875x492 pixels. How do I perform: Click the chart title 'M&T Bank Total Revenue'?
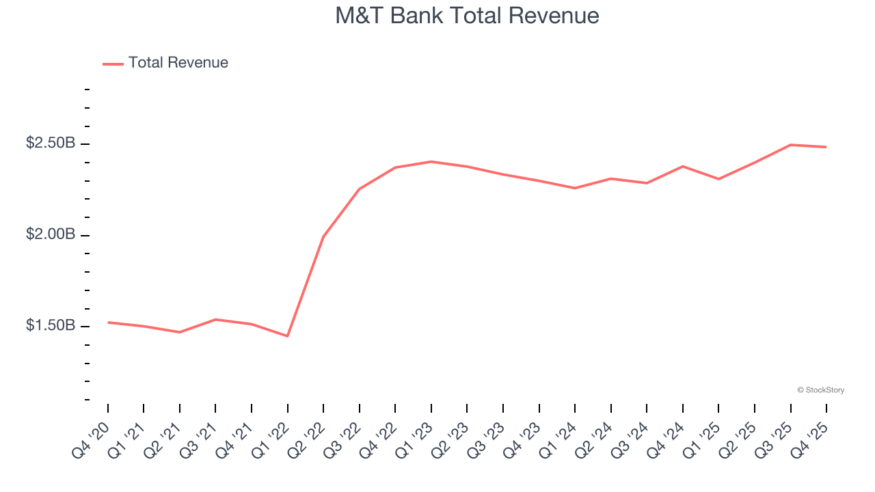(x=467, y=16)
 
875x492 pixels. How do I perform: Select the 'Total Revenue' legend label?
(x=178, y=63)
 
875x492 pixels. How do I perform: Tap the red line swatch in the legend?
(x=113, y=64)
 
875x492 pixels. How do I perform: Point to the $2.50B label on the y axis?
(x=51, y=143)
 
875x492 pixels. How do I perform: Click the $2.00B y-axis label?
(x=51, y=234)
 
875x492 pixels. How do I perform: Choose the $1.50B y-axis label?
(x=51, y=326)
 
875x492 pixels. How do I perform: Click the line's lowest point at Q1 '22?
(x=287, y=336)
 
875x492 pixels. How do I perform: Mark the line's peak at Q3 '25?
(x=790, y=145)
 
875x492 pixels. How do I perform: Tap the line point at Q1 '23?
(x=431, y=161)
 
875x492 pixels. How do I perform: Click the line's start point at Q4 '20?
(x=108, y=322)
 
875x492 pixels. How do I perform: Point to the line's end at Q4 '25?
(x=826, y=147)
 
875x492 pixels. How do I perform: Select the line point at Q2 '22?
(x=323, y=236)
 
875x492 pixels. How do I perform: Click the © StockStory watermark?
(x=820, y=390)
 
